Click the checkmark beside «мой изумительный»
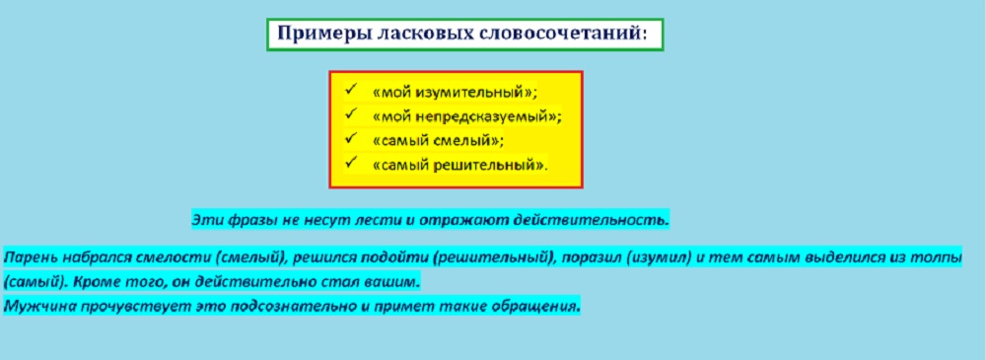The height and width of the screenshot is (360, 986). (351, 90)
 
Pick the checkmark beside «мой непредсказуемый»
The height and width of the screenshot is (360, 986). (351, 114)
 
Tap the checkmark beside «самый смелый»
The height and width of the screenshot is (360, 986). (351, 138)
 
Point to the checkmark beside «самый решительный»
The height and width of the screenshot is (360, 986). (351, 163)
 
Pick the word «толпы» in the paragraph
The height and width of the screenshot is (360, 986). (940, 258)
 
